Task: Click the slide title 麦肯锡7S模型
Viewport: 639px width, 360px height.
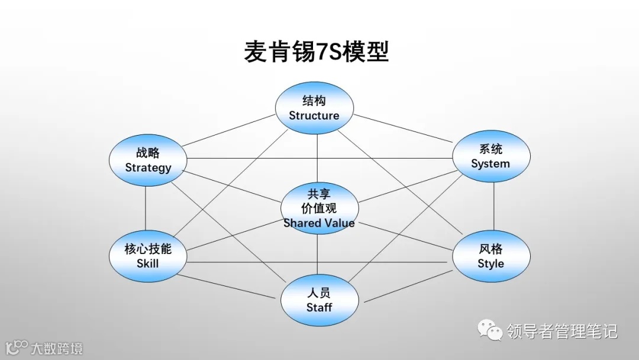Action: tap(316, 52)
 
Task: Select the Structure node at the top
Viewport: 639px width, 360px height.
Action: tap(314, 109)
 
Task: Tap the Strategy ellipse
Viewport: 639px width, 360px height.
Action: tap(148, 160)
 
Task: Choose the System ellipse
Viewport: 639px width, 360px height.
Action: tap(490, 156)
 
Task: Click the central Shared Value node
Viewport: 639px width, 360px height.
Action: tap(318, 208)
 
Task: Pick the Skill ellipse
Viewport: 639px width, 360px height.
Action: tap(148, 256)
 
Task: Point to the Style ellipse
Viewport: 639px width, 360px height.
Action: tap(490, 256)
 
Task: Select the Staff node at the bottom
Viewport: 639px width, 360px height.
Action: tap(319, 300)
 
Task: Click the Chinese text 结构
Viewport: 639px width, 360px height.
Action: tap(314, 101)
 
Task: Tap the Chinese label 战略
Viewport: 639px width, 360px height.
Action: tap(148, 153)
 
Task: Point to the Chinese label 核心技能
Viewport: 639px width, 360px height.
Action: tap(148, 249)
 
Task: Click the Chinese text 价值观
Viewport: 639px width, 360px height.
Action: tap(318, 208)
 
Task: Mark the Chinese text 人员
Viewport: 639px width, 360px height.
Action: tap(319, 293)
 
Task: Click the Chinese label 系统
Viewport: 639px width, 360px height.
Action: tap(490, 149)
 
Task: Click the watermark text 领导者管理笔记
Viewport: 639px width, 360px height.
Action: tap(561, 331)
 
